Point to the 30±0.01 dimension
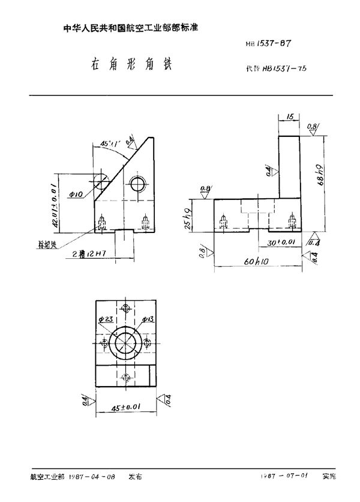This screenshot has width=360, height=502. click(x=281, y=243)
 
